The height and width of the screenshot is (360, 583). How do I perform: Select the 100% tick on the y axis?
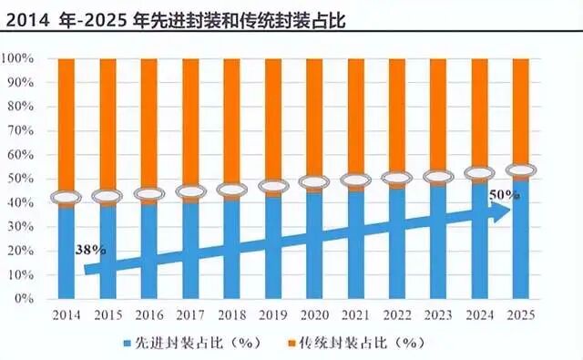pyautogui.click(x=19, y=59)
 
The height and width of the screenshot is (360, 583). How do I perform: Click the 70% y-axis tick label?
pyautogui.click(x=22, y=131)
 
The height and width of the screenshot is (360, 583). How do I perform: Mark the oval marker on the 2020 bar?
pyautogui.click(x=313, y=183)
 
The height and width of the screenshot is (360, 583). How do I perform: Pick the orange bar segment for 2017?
pyautogui.click(x=189, y=123)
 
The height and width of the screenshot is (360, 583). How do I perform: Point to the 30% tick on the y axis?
pyautogui.click(x=22, y=227)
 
